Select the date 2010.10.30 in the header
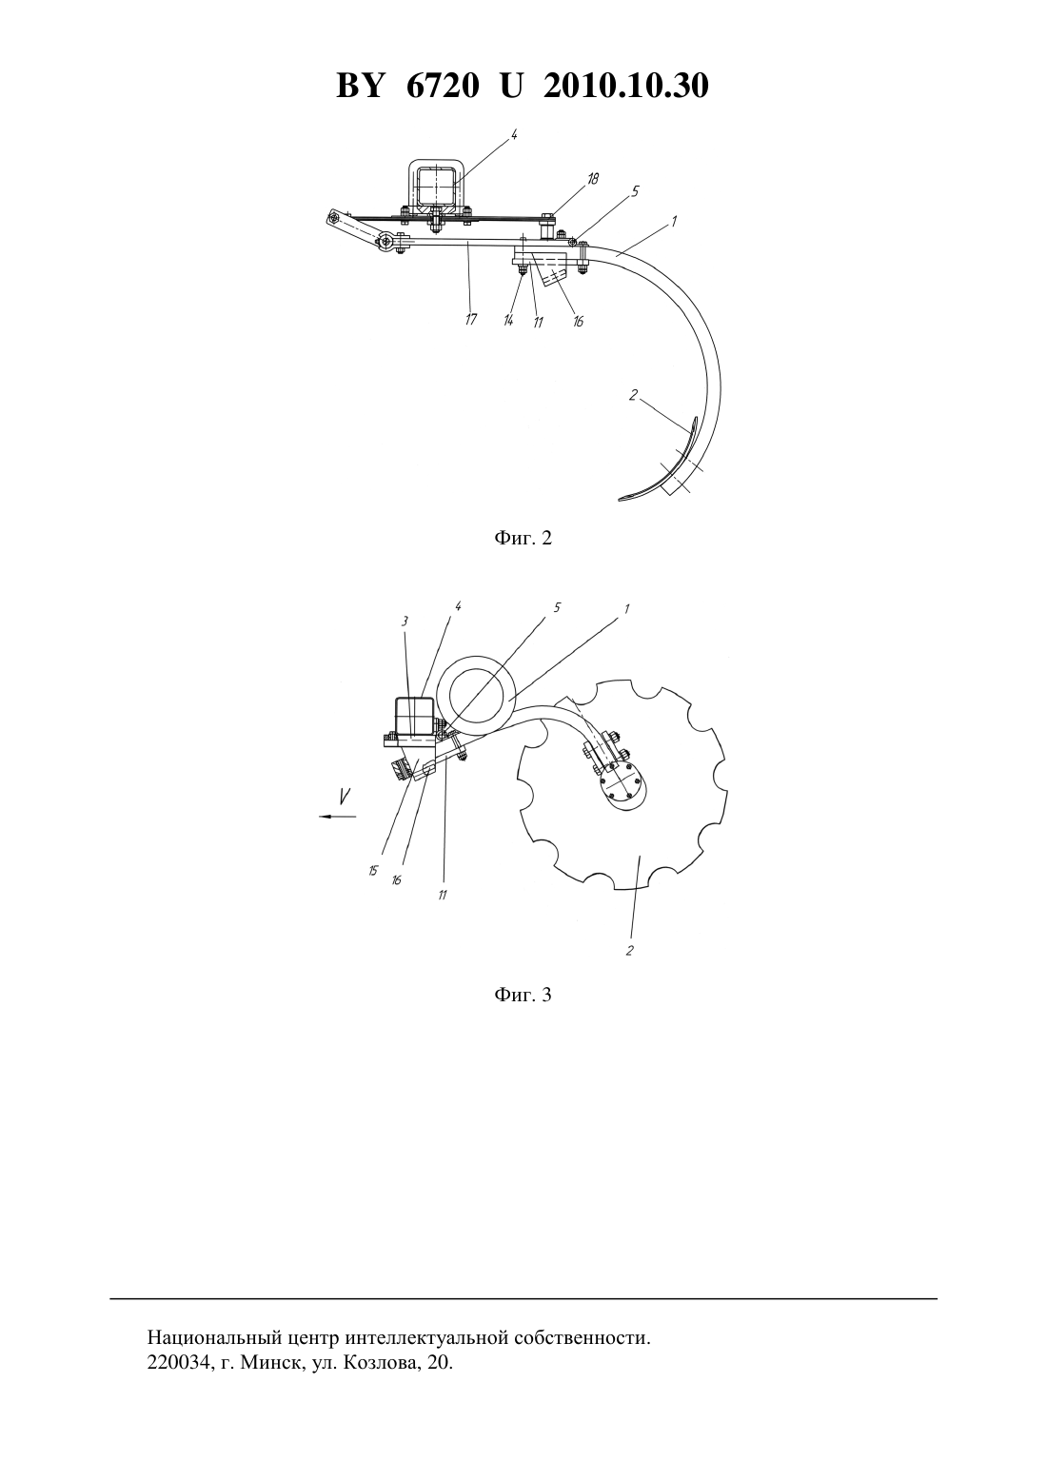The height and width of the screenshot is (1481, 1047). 626,87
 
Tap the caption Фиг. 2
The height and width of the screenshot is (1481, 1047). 523,538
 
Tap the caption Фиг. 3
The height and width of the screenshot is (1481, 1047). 523,995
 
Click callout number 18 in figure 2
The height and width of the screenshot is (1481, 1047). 592,179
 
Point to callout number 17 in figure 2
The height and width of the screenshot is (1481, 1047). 471,320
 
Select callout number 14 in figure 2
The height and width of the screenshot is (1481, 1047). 509,321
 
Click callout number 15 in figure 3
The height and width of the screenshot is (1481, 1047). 373,871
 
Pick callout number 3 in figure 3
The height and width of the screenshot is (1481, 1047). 405,621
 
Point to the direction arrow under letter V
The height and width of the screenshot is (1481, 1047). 337,817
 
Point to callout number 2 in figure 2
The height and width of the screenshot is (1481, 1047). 633,395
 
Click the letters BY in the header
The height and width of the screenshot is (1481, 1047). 360,87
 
